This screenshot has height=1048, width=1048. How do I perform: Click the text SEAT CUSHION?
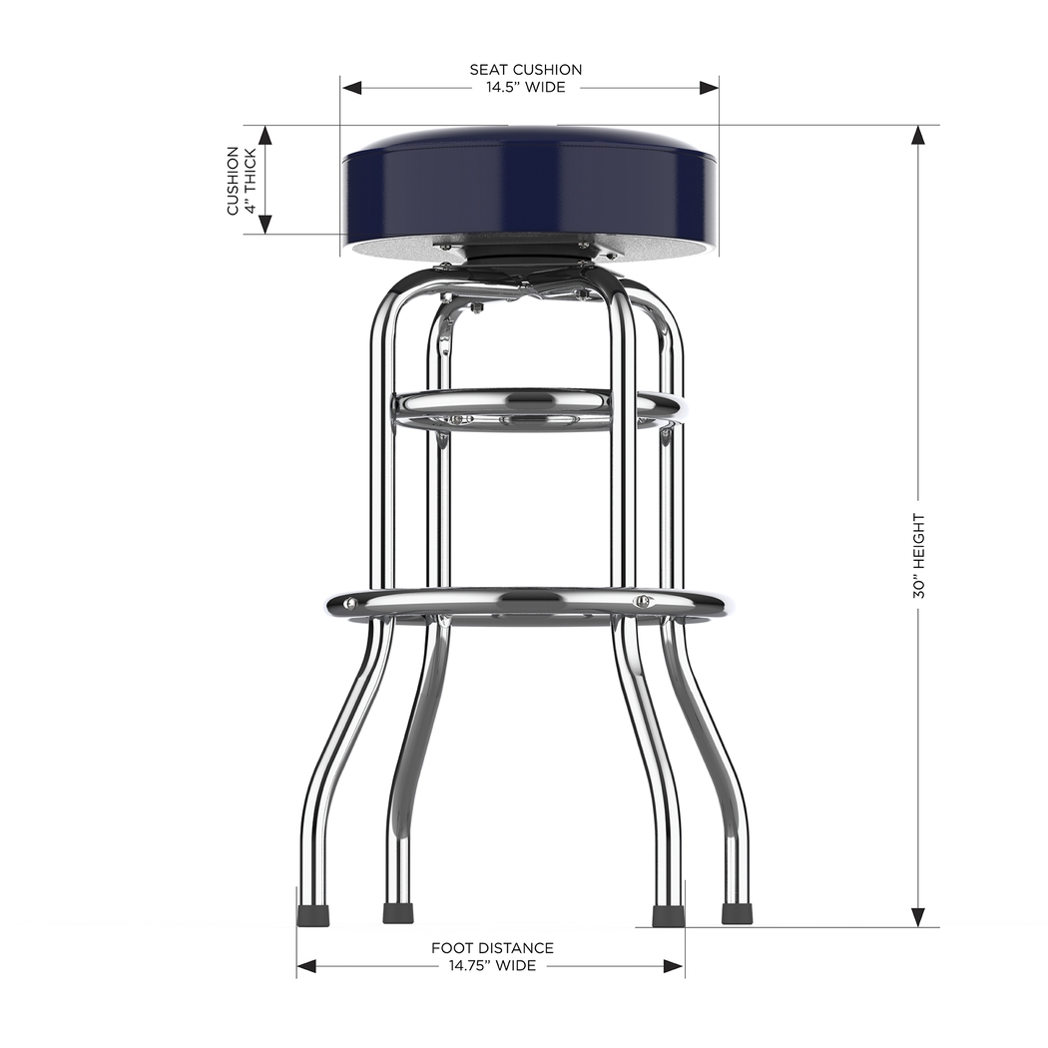point(526,70)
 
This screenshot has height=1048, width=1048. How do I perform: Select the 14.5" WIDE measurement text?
point(526,87)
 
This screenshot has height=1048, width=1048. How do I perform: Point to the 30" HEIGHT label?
point(918,556)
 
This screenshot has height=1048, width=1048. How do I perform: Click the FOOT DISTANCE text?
point(492,948)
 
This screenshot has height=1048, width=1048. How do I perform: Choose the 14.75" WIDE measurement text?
point(492,966)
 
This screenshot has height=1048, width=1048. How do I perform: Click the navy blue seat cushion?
point(529,190)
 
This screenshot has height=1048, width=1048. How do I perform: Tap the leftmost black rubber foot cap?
point(313,913)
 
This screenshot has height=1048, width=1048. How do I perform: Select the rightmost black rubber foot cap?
point(737,913)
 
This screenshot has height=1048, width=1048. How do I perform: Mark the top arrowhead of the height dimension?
point(918,135)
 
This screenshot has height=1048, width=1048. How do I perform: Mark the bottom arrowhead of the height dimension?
point(918,917)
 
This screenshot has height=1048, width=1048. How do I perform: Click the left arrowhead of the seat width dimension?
point(350,88)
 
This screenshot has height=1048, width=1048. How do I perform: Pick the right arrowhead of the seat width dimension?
point(709,88)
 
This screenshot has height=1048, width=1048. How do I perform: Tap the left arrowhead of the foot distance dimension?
point(306,966)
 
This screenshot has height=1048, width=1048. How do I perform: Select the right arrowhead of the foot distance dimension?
point(675,966)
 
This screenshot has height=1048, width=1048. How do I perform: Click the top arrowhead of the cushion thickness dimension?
point(265,135)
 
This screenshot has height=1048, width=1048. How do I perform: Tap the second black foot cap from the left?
point(398,913)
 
